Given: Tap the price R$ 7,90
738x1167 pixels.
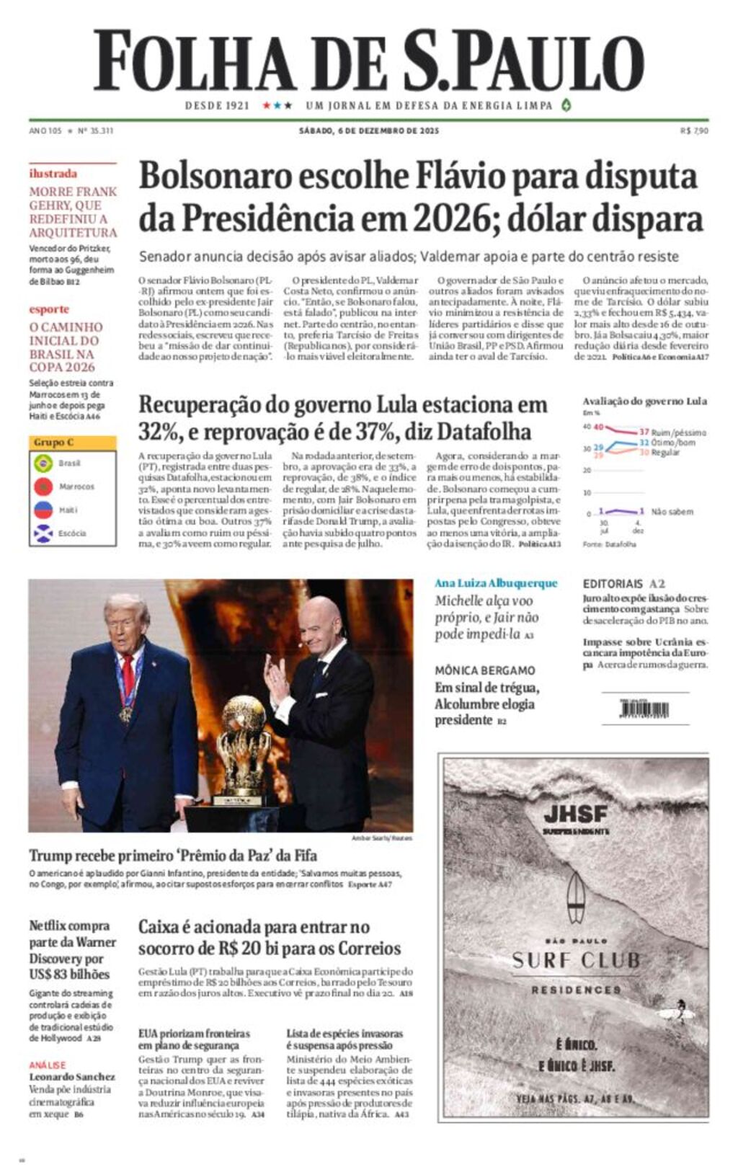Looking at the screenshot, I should pyautogui.click(x=694, y=130).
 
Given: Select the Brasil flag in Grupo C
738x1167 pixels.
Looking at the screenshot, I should pyautogui.click(x=44, y=463).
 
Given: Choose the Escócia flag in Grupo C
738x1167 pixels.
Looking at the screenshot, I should pyautogui.click(x=44, y=533).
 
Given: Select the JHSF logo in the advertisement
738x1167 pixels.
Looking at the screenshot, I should pyautogui.click(x=575, y=815).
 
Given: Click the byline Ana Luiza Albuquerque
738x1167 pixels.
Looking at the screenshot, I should pyautogui.click(x=496, y=583).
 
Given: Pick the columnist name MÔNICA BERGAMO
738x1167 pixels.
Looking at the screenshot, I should pyautogui.click(x=484, y=670).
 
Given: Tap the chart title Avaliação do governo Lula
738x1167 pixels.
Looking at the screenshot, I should pyautogui.click(x=644, y=401).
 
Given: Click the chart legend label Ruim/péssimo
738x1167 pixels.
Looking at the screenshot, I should pyautogui.click(x=678, y=432).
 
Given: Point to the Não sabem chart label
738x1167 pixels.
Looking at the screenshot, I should pyautogui.click(x=672, y=512).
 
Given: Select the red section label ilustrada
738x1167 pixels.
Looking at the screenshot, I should pyautogui.click(x=53, y=174).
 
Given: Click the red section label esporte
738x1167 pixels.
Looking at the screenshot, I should pyautogui.click(x=49, y=309).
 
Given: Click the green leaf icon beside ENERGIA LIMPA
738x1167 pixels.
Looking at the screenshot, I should pyautogui.click(x=566, y=105).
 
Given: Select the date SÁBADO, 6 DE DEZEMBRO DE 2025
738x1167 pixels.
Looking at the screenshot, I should pyautogui.click(x=368, y=130).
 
